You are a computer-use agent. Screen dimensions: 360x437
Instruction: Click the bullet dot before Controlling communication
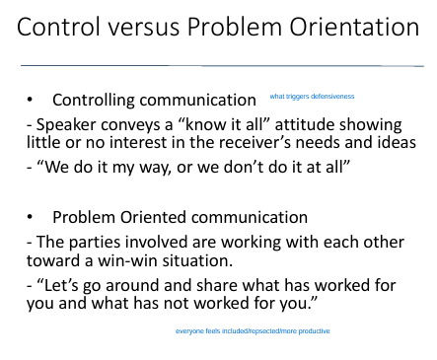[x=34, y=101]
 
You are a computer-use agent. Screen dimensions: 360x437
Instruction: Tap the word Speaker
[x=62, y=124]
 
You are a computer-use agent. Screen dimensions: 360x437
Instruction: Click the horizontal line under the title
[x=217, y=65]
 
